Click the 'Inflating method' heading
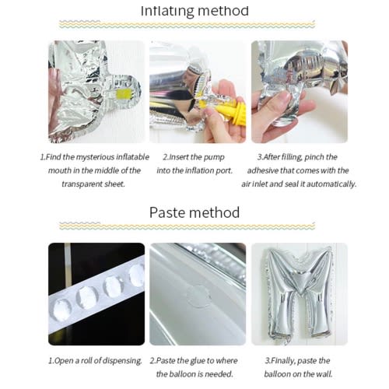tap(194, 11)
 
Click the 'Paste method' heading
tap(194, 212)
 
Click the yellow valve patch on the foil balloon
tap(124, 94)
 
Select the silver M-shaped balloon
tap(300, 294)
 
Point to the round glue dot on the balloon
tap(198, 296)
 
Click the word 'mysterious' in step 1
tap(95, 157)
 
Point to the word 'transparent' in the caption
tap(82, 184)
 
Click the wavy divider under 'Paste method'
tap(187, 226)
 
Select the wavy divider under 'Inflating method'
tap(187, 24)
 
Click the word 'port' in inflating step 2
tap(226, 171)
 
